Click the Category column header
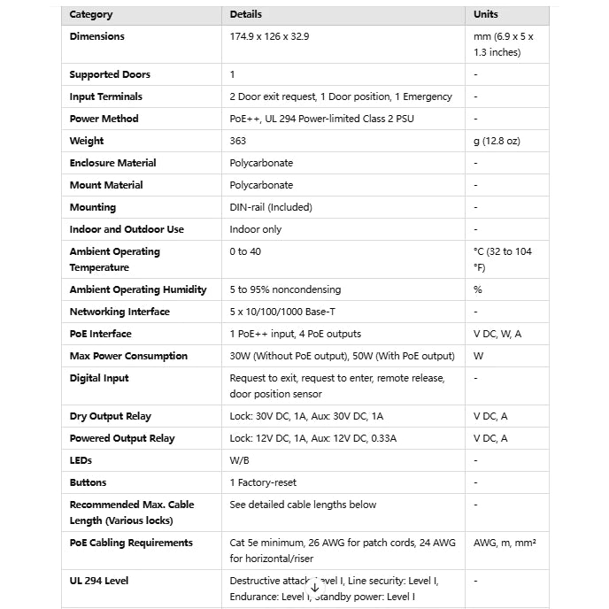pos(91,15)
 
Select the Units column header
pos(486,15)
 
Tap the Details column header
pos(246,15)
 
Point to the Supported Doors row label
pos(110,75)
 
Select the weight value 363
pos(237,142)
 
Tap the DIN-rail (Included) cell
pos(271,208)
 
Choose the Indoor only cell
pos(256,230)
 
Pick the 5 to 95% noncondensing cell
pos(285,290)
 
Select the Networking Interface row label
pos(119,312)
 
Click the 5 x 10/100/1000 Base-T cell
pos(289,312)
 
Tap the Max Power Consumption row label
pos(128,357)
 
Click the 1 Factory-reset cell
pos(263,483)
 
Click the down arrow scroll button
pos(315,587)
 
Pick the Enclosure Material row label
pos(112,164)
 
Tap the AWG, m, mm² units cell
pos(505,543)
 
